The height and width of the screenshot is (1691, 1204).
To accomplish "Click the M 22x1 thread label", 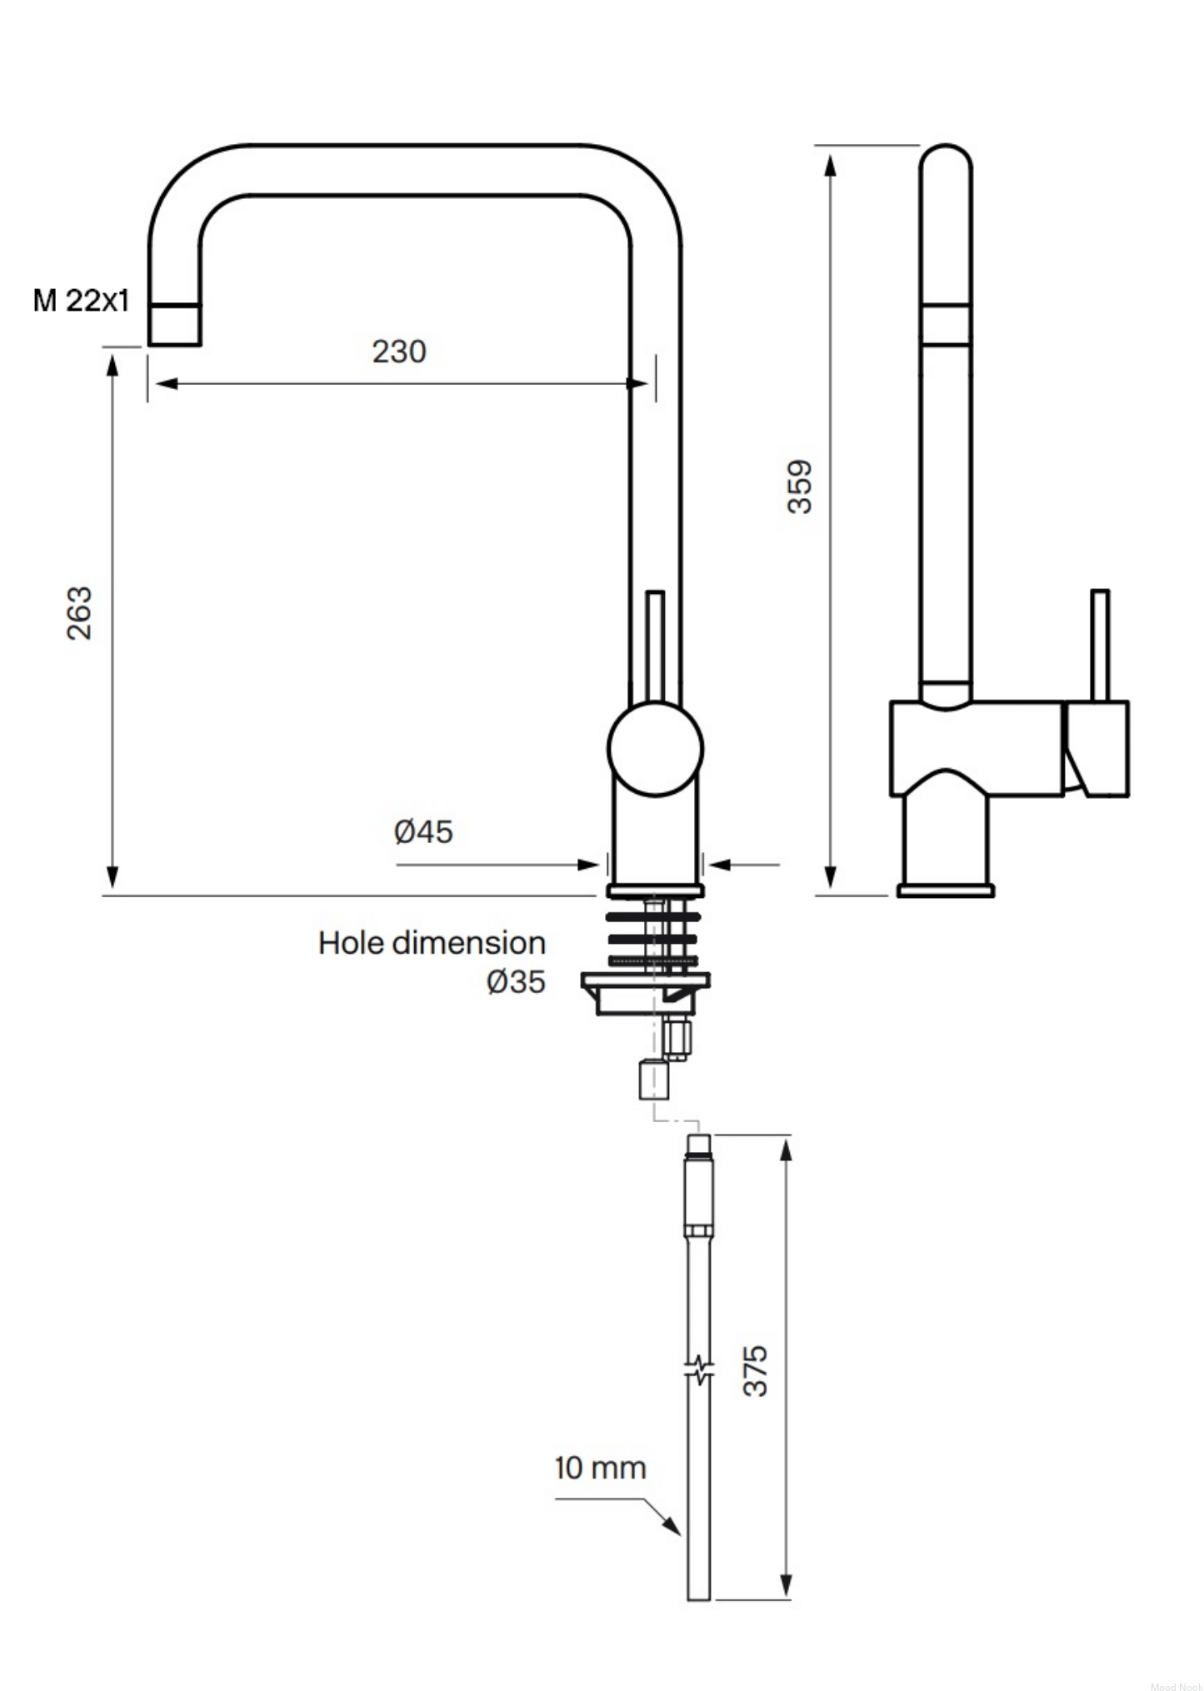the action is tap(82, 300).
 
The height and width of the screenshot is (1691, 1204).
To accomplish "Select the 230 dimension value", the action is tap(399, 352).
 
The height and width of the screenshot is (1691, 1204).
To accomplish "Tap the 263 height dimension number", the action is tap(79, 613).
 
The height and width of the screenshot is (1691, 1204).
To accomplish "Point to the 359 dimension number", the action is tap(799, 486).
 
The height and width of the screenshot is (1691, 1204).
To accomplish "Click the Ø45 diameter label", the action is tap(423, 831).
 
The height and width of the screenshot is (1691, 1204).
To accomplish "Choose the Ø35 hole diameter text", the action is tap(516, 981).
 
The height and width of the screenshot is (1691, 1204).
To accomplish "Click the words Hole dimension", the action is tap(432, 943).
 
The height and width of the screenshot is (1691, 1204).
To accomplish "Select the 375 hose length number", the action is tap(755, 1370).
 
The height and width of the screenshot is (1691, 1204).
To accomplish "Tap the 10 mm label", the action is tap(600, 1468).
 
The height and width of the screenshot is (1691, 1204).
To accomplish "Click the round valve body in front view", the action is tap(656, 749).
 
